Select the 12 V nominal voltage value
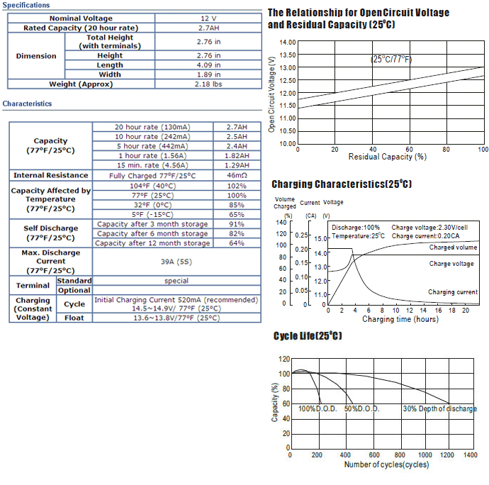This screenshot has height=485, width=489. (x=208, y=18)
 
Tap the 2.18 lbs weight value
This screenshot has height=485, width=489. (x=208, y=84)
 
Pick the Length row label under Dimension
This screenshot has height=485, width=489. (x=110, y=65)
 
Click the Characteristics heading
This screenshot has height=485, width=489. (x=27, y=104)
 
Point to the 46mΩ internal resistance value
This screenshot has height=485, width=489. (x=237, y=175)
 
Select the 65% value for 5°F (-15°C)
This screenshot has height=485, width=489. (x=237, y=214)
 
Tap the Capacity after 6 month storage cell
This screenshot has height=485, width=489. (x=152, y=233)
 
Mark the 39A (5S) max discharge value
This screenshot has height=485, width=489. (x=176, y=262)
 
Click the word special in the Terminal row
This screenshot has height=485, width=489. (x=176, y=281)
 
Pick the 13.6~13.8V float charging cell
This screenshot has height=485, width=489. (x=176, y=318)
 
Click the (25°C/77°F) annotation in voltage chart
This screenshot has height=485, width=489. (x=391, y=59)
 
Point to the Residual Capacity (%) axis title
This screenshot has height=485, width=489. (x=387, y=157)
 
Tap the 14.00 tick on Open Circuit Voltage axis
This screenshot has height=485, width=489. (x=287, y=43)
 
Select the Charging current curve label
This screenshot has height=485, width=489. (x=452, y=292)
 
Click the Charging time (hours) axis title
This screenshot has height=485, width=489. (x=400, y=319)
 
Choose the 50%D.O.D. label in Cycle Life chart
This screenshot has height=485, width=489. (x=361, y=409)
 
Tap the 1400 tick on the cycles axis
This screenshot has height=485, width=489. (x=470, y=455)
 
